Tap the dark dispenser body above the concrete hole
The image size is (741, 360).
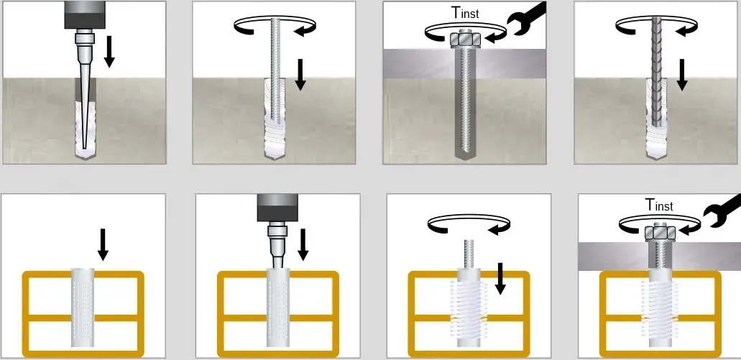click(85, 14)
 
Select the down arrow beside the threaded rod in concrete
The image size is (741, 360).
click(300, 74)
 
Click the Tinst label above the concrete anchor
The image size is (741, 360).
click(466, 12)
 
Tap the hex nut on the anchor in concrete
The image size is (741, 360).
click(466, 38)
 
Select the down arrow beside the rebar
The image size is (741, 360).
click(681, 74)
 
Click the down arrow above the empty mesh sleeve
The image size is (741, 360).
click(103, 244)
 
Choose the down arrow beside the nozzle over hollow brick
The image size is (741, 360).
click(303, 244)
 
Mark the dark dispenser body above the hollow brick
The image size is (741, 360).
click(278, 208)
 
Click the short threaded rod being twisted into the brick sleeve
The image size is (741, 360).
click(469, 254)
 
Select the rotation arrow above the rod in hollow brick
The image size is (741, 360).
click(469, 223)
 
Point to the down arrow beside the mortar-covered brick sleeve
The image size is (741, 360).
click(500, 278)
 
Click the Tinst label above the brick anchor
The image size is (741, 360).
click(659, 205)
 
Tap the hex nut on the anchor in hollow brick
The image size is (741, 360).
click(661, 232)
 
